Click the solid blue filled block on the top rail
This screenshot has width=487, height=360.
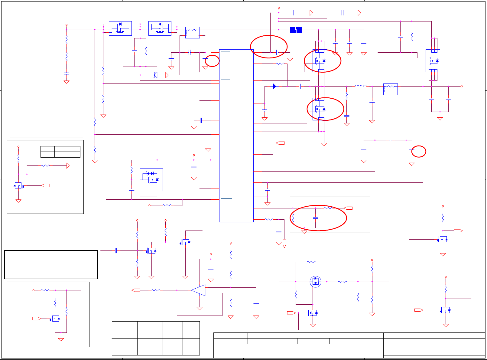pyautogui.click(x=296, y=30)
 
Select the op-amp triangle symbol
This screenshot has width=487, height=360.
pyautogui.click(x=198, y=290)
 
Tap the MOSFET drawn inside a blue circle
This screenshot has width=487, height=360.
pyautogui.click(x=315, y=282)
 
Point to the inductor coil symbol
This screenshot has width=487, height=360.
pyautogui.click(x=360, y=86)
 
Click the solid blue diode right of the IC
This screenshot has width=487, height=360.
pyautogui.click(x=274, y=87)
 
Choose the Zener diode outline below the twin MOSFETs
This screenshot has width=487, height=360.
pyautogui.click(x=155, y=75)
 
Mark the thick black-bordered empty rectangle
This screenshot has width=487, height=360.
pyautogui.click(x=51, y=265)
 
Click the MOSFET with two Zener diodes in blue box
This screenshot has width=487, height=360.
pyautogui.click(x=151, y=180)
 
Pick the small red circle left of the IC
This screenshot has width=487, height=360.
pyautogui.click(x=212, y=61)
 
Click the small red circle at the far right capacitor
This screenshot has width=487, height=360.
pyautogui.click(x=419, y=151)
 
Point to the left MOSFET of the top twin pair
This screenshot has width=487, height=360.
pyautogui.click(x=120, y=28)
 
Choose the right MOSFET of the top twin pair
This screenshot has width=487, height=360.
pyautogui.click(x=160, y=28)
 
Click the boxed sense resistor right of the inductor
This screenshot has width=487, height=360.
pyautogui.click(x=390, y=89)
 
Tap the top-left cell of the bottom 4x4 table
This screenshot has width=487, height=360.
pyautogui.click(x=125, y=326)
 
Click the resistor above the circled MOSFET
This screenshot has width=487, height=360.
pyautogui.click(x=311, y=262)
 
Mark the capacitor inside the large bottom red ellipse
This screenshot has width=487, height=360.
pyautogui.click(x=315, y=218)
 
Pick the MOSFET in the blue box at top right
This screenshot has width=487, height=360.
pyautogui.click(x=433, y=61)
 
